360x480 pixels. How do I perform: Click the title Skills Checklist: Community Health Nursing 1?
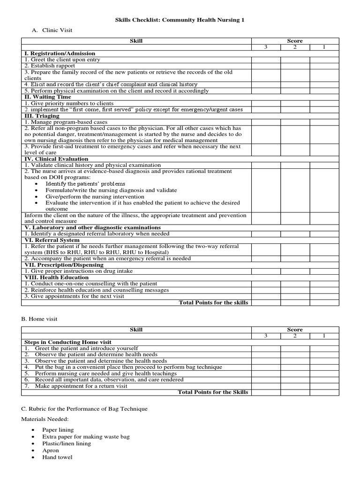point(180,20)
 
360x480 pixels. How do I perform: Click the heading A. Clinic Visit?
point(52,30)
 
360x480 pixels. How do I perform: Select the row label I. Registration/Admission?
point(60,53)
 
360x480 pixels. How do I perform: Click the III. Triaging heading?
point(42,116)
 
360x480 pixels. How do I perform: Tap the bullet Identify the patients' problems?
point(85,184)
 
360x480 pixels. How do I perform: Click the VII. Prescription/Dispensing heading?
point(64,265)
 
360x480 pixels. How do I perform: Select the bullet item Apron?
point(51,450)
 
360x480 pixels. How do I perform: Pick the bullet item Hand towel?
point(57,457)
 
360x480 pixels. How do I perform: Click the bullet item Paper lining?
point(58,429)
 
